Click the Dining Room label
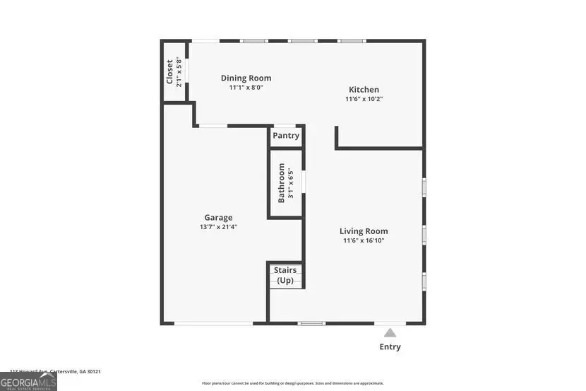pyautogui.click(x=246, y=78)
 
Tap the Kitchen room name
pyautogui.click(x=364, y=90)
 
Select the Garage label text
pyautogui.click(x=218, y=218)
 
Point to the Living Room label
pyautogui.click(x=364, y=231)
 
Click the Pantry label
pyautogui.click(x=286, y=136)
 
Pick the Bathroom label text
pyautogui.click(x=281, y=183)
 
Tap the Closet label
pyautogui.click(x=169, y=71)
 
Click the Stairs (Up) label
pyautogui.click(x=285, y=275)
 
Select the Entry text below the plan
pyautogui.click(x=390, y=346)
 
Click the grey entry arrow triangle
pyautogui.click(x=390, y=332)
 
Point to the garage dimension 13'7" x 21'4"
pyautogui.click(x=218, y=227)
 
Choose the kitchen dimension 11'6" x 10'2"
pyautogui.click(x=364, y=99)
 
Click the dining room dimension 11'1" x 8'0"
pyautogui.click(x=246, y=88)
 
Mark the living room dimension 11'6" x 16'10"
pyautogui.click(x=364, y=240)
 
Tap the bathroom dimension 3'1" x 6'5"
pyautogui.click(x=290, y=183)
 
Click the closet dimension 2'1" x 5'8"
pyautogui.click(x=179, y=71)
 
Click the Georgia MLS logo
pyautogui.click(x=28, y=382)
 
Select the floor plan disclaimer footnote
pyautogui.click(x=292, y=383)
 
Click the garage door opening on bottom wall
pyautogui.click(x=213, y=324)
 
